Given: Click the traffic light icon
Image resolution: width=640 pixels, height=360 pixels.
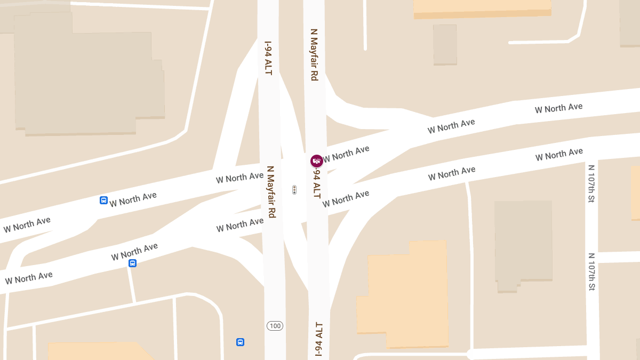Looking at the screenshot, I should tap(294, 190).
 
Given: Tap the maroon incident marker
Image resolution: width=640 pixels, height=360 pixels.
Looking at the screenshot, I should tap(317, 161).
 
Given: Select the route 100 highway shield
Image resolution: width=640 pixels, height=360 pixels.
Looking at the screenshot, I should tap(275, 326).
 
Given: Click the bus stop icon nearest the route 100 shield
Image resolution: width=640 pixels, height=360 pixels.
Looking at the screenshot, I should tap(240, 342).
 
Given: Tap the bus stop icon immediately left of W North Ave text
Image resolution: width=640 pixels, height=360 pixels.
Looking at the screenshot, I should tap(103, 201).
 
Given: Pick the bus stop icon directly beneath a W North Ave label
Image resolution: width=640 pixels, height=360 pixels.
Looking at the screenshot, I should tap(132, 263).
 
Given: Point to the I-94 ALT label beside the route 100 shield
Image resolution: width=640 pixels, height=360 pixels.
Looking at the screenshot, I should tap(318, 339).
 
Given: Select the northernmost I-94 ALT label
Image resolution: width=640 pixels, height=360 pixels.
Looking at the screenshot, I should tap(268, 58).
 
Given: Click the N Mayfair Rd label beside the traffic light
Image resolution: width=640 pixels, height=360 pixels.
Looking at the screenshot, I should tap(271, 191).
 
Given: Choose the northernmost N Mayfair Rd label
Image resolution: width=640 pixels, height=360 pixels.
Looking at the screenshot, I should tap(314, 55).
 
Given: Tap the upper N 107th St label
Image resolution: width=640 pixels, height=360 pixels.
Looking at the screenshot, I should tap(591, 183).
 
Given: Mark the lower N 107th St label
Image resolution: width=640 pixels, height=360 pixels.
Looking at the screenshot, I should tap(591, 271).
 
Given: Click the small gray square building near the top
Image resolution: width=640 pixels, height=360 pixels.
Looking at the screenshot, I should tap(445, 44).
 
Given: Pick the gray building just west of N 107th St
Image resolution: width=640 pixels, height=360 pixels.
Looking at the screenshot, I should tap(523, 243).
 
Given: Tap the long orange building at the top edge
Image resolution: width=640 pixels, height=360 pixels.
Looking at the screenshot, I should tap(482, 7).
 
